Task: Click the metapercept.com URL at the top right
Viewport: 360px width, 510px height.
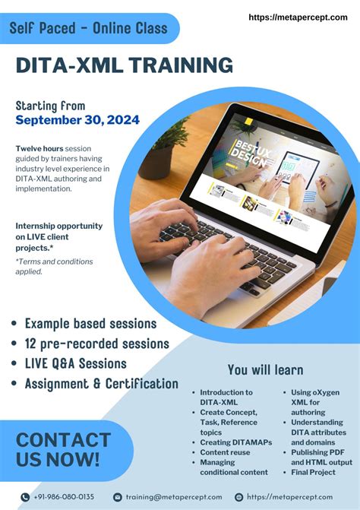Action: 298,17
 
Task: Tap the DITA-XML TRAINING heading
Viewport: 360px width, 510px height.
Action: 125,65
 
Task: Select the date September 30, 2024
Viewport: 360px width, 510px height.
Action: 77,120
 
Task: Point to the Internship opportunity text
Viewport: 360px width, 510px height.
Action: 59,226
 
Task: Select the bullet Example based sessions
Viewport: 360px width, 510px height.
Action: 90,324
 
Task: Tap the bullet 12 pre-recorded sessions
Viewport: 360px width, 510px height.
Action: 96,344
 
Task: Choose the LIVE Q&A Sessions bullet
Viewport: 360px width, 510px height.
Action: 75,363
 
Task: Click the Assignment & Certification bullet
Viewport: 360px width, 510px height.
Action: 101,384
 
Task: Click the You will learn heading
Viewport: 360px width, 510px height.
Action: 264,369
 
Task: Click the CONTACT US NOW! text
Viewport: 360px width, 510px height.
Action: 63,449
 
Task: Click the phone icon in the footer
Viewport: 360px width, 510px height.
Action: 25,497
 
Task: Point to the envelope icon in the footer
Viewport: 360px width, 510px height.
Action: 118,497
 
